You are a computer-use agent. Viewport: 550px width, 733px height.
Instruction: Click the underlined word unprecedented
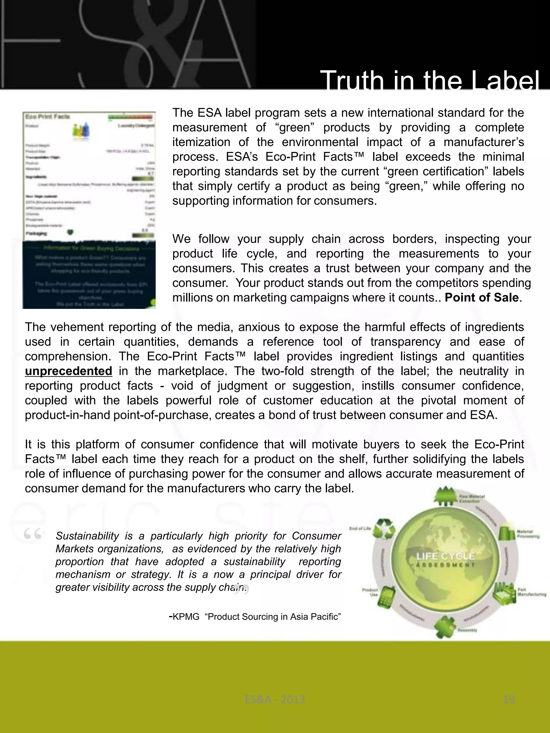click(x=68, y=371)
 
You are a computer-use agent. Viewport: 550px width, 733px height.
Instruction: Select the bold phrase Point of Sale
click(x=481, y=298)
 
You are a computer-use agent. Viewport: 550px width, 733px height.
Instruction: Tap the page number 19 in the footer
click(x=509, y=699)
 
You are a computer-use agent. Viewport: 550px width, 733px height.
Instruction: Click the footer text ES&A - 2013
click(x=275, y=699)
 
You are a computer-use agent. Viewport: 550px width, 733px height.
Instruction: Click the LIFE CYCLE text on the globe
click(x=445, y=556)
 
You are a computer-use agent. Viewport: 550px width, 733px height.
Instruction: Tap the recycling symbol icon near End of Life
click(x=384, y=528)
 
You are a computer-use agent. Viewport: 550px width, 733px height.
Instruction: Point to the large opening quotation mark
click(x=32, y=534)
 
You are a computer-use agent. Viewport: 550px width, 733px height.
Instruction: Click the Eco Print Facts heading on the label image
click(x=48, y=117)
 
